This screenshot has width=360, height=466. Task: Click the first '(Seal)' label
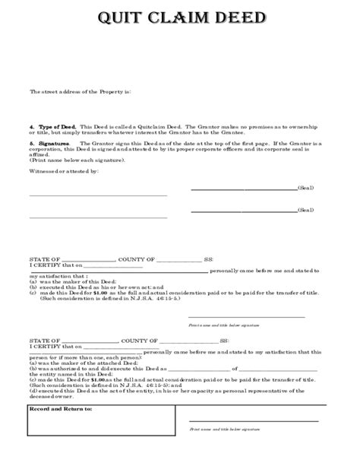pos(305,188)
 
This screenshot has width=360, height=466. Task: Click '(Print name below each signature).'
pos(74,161)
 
